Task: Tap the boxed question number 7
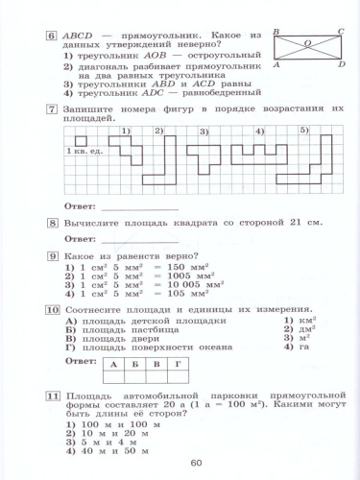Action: (x=51, y=112)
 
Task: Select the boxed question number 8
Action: (x=51, y=222)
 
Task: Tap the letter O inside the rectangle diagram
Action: (x=306, y=42)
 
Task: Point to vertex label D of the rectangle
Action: (x=341, y=63)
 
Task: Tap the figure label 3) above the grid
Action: (x=204, y=131)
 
